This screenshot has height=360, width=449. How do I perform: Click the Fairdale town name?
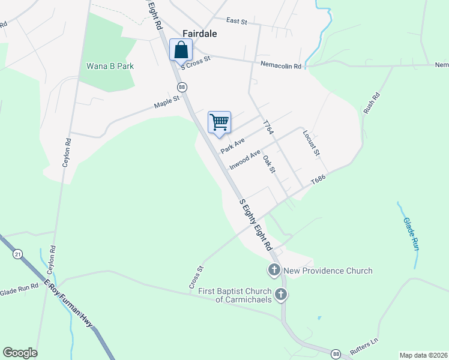pos(200,34)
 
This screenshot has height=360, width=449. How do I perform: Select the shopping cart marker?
pos(219,122)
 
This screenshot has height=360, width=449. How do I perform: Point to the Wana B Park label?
pos(110,66)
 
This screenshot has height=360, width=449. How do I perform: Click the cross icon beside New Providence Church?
pos(274,269)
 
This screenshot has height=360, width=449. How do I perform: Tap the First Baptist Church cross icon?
pos(281,294)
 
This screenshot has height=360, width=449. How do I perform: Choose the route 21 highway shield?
pos(17,254)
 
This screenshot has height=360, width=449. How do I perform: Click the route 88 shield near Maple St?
pos(182,87)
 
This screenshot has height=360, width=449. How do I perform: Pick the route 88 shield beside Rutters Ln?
pos(336,354)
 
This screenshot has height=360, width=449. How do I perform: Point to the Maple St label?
pos(167,103)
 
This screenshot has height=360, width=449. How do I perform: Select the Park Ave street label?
pos(232,145)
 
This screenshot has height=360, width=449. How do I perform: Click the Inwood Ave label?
pos(246,159)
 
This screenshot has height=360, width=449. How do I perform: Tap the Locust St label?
pos(311,143)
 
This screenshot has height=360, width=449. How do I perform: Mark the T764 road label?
pos(268,127)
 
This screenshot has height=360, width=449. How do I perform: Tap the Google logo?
pos(20,353)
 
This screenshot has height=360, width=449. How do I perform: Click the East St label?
pos(237,22)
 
